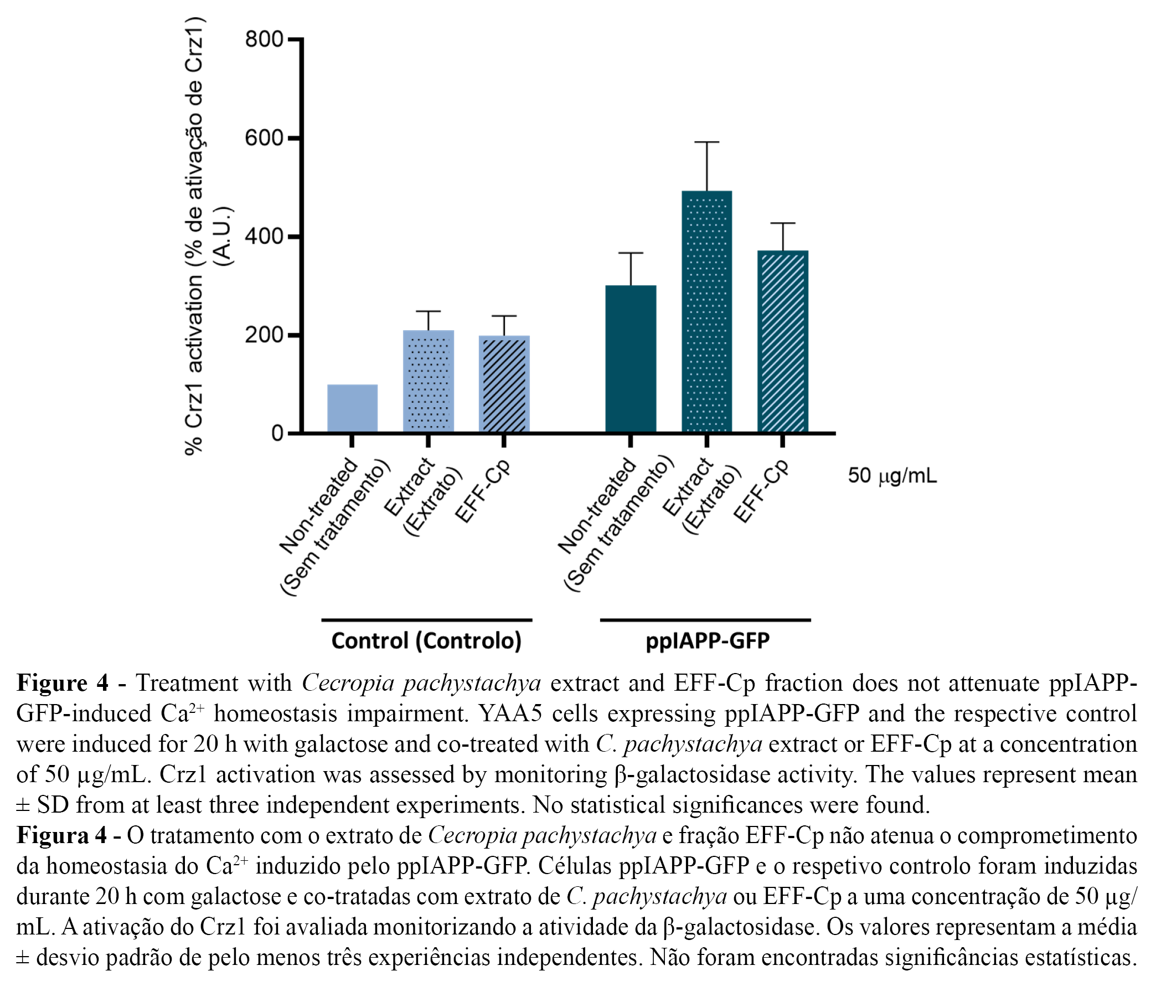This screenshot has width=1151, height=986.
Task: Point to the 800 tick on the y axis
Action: [264, 39]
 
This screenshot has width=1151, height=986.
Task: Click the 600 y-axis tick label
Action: [264, 138]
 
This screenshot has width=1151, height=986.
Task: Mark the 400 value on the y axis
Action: [264, 237]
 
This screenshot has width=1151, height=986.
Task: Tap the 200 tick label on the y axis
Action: [264, 336]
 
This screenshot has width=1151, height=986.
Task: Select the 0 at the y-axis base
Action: [277, 434]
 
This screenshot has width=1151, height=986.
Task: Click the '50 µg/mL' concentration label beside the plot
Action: [892, 476]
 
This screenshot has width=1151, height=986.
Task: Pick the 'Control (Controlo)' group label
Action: [427, 640]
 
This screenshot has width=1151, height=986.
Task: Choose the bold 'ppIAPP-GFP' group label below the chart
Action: [707, 640]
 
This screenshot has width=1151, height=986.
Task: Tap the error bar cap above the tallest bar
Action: [706, 142]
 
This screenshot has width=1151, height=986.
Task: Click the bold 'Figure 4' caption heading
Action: [63, 683]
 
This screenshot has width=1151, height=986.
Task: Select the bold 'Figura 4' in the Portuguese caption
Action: [61, 835]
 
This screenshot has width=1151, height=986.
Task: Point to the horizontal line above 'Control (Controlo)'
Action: [427, 620]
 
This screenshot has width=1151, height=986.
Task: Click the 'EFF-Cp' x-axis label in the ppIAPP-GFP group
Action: [761, 491]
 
